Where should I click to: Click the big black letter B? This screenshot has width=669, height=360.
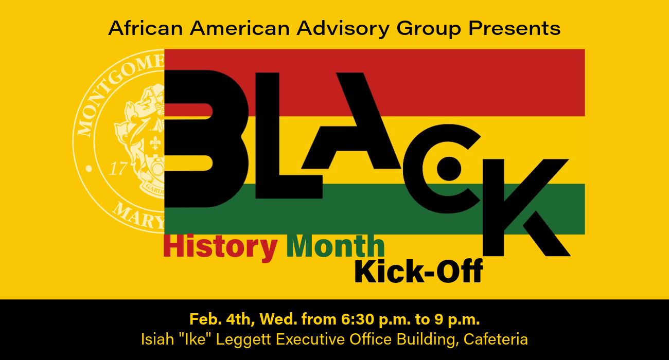(x=206, y=139)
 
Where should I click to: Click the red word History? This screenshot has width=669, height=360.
(x=220, y=246)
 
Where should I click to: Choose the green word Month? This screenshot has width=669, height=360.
(x=336, y=246)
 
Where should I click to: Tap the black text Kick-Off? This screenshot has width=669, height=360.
(x=418, y=272)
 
